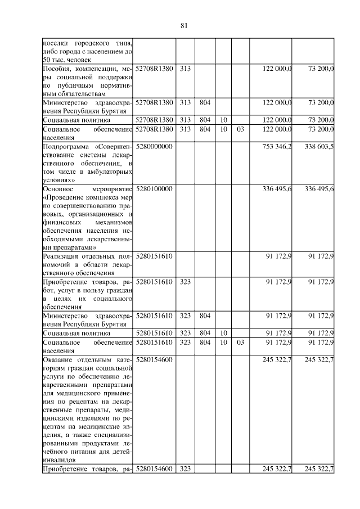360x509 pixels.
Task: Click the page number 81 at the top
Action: pos(183,25)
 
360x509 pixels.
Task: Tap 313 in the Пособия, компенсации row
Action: pos(185,69)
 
